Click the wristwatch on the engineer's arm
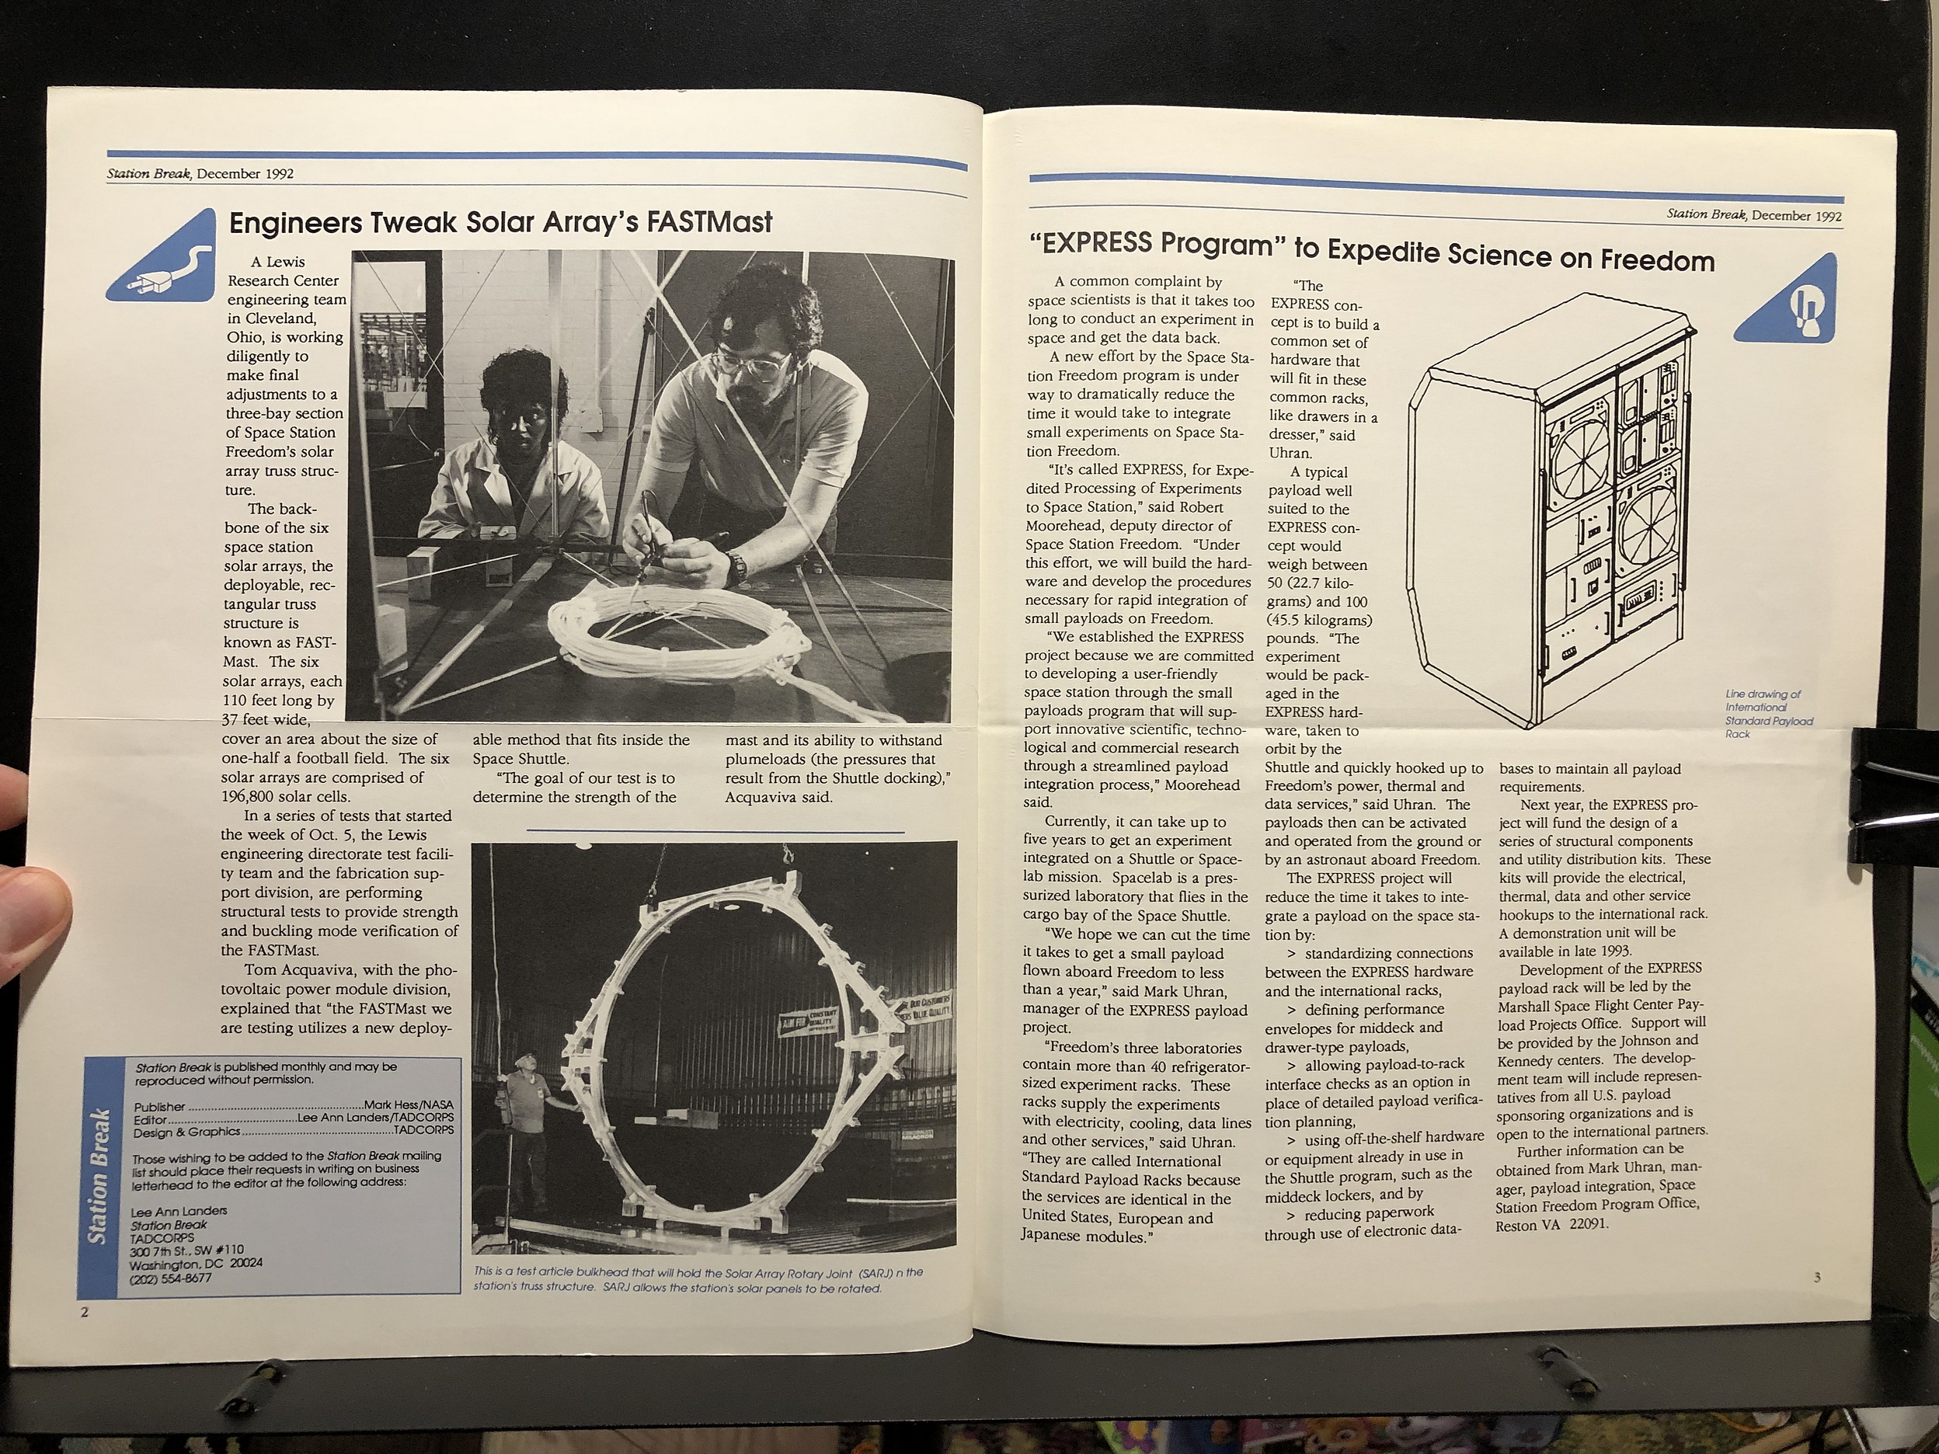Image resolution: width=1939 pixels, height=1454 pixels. tap(739, 566)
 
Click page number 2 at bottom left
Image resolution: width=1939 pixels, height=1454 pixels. tap(84, 1337)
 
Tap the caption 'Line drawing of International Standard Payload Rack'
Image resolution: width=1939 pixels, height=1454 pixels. tap(1768, 714)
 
